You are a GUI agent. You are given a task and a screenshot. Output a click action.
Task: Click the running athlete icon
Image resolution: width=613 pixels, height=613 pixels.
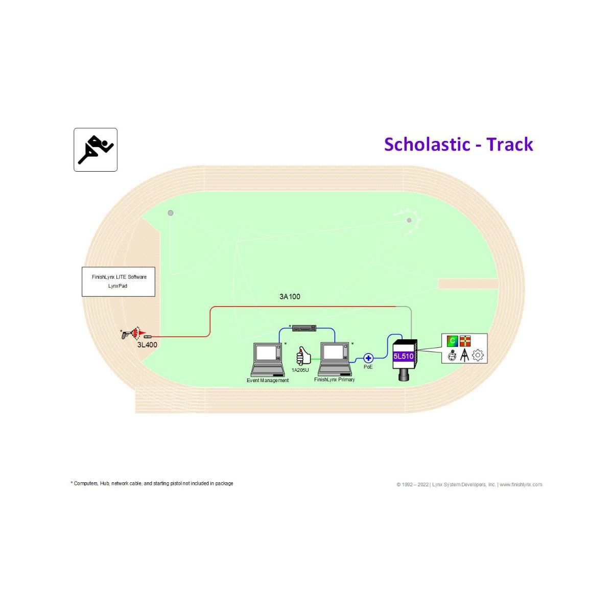point(96,150)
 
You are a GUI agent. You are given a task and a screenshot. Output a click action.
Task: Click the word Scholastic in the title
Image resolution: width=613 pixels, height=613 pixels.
point(427,144)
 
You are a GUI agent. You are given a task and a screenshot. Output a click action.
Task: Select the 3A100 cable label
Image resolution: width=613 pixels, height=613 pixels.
point(290,296)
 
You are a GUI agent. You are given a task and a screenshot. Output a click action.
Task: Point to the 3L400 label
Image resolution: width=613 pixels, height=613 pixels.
point(147,345)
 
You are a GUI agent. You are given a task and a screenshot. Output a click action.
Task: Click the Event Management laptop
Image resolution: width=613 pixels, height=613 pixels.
point(267,360)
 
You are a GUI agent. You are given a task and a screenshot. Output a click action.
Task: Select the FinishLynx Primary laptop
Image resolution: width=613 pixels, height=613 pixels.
point(335,359)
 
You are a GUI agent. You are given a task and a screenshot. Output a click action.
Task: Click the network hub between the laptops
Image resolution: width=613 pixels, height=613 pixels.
point(304,328)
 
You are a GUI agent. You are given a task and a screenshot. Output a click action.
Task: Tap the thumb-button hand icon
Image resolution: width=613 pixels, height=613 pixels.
point(303,356)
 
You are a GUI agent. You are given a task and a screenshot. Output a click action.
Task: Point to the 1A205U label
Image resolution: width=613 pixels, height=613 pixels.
point(300,370)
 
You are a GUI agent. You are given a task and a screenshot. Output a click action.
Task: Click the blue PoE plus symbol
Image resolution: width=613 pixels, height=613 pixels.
point(368,358)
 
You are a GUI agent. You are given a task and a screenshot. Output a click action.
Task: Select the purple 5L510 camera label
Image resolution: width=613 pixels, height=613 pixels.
point(404,356)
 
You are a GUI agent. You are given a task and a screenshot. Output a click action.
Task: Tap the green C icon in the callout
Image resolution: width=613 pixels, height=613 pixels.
point(452,341)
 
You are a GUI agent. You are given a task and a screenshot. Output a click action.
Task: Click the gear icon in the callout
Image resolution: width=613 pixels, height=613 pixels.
point(478,355)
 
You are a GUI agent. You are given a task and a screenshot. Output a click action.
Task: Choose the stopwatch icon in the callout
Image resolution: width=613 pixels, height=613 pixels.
point(452,356)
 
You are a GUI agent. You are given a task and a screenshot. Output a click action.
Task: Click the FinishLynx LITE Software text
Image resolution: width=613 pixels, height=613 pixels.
point(119,277)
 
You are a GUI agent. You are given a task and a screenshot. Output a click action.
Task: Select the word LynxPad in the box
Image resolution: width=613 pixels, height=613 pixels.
point(117,286)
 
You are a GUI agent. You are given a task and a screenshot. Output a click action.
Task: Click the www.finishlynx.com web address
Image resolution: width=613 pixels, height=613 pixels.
point(521,484)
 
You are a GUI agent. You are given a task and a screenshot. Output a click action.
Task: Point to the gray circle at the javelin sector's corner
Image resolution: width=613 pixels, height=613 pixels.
point(171,213)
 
